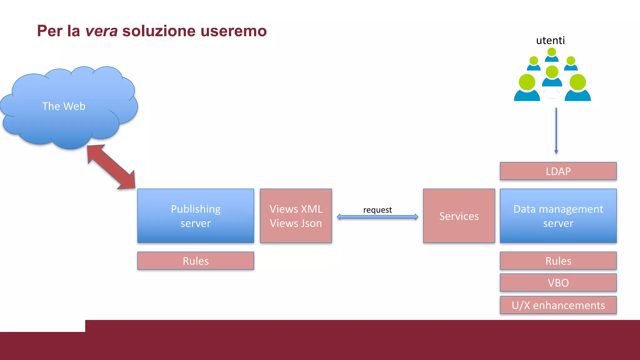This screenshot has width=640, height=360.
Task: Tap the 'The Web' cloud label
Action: point(64,106)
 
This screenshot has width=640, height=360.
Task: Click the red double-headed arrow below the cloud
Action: point(111,167)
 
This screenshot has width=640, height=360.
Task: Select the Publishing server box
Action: point(196,216)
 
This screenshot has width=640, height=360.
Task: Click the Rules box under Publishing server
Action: point(196,261)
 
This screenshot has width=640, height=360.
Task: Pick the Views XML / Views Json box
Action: point(296,216)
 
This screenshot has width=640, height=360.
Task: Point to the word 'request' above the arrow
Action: point(377,210)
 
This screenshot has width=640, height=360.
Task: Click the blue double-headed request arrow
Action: point(377,217)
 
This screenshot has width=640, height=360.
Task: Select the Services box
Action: point(459,216)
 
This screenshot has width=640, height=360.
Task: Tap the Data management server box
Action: point(558,216)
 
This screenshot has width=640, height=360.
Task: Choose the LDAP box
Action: point(558,171)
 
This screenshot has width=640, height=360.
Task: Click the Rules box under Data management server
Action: point(558,261)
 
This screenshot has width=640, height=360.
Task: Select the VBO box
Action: point(558,282)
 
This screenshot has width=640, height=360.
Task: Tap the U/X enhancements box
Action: point(558,305)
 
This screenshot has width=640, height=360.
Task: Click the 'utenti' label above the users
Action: point(550,41)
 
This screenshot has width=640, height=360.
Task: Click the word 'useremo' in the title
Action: point(233,31)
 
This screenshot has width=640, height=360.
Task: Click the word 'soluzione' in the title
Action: point(159,31)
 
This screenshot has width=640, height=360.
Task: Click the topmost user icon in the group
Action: point(552,55)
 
